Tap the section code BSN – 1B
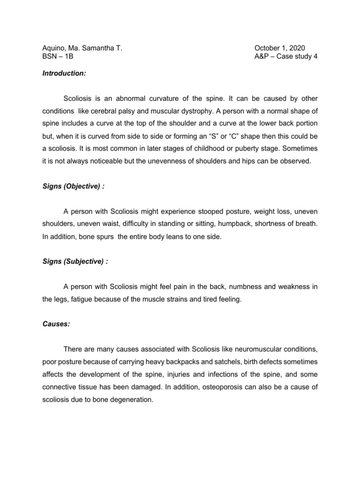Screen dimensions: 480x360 58,57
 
